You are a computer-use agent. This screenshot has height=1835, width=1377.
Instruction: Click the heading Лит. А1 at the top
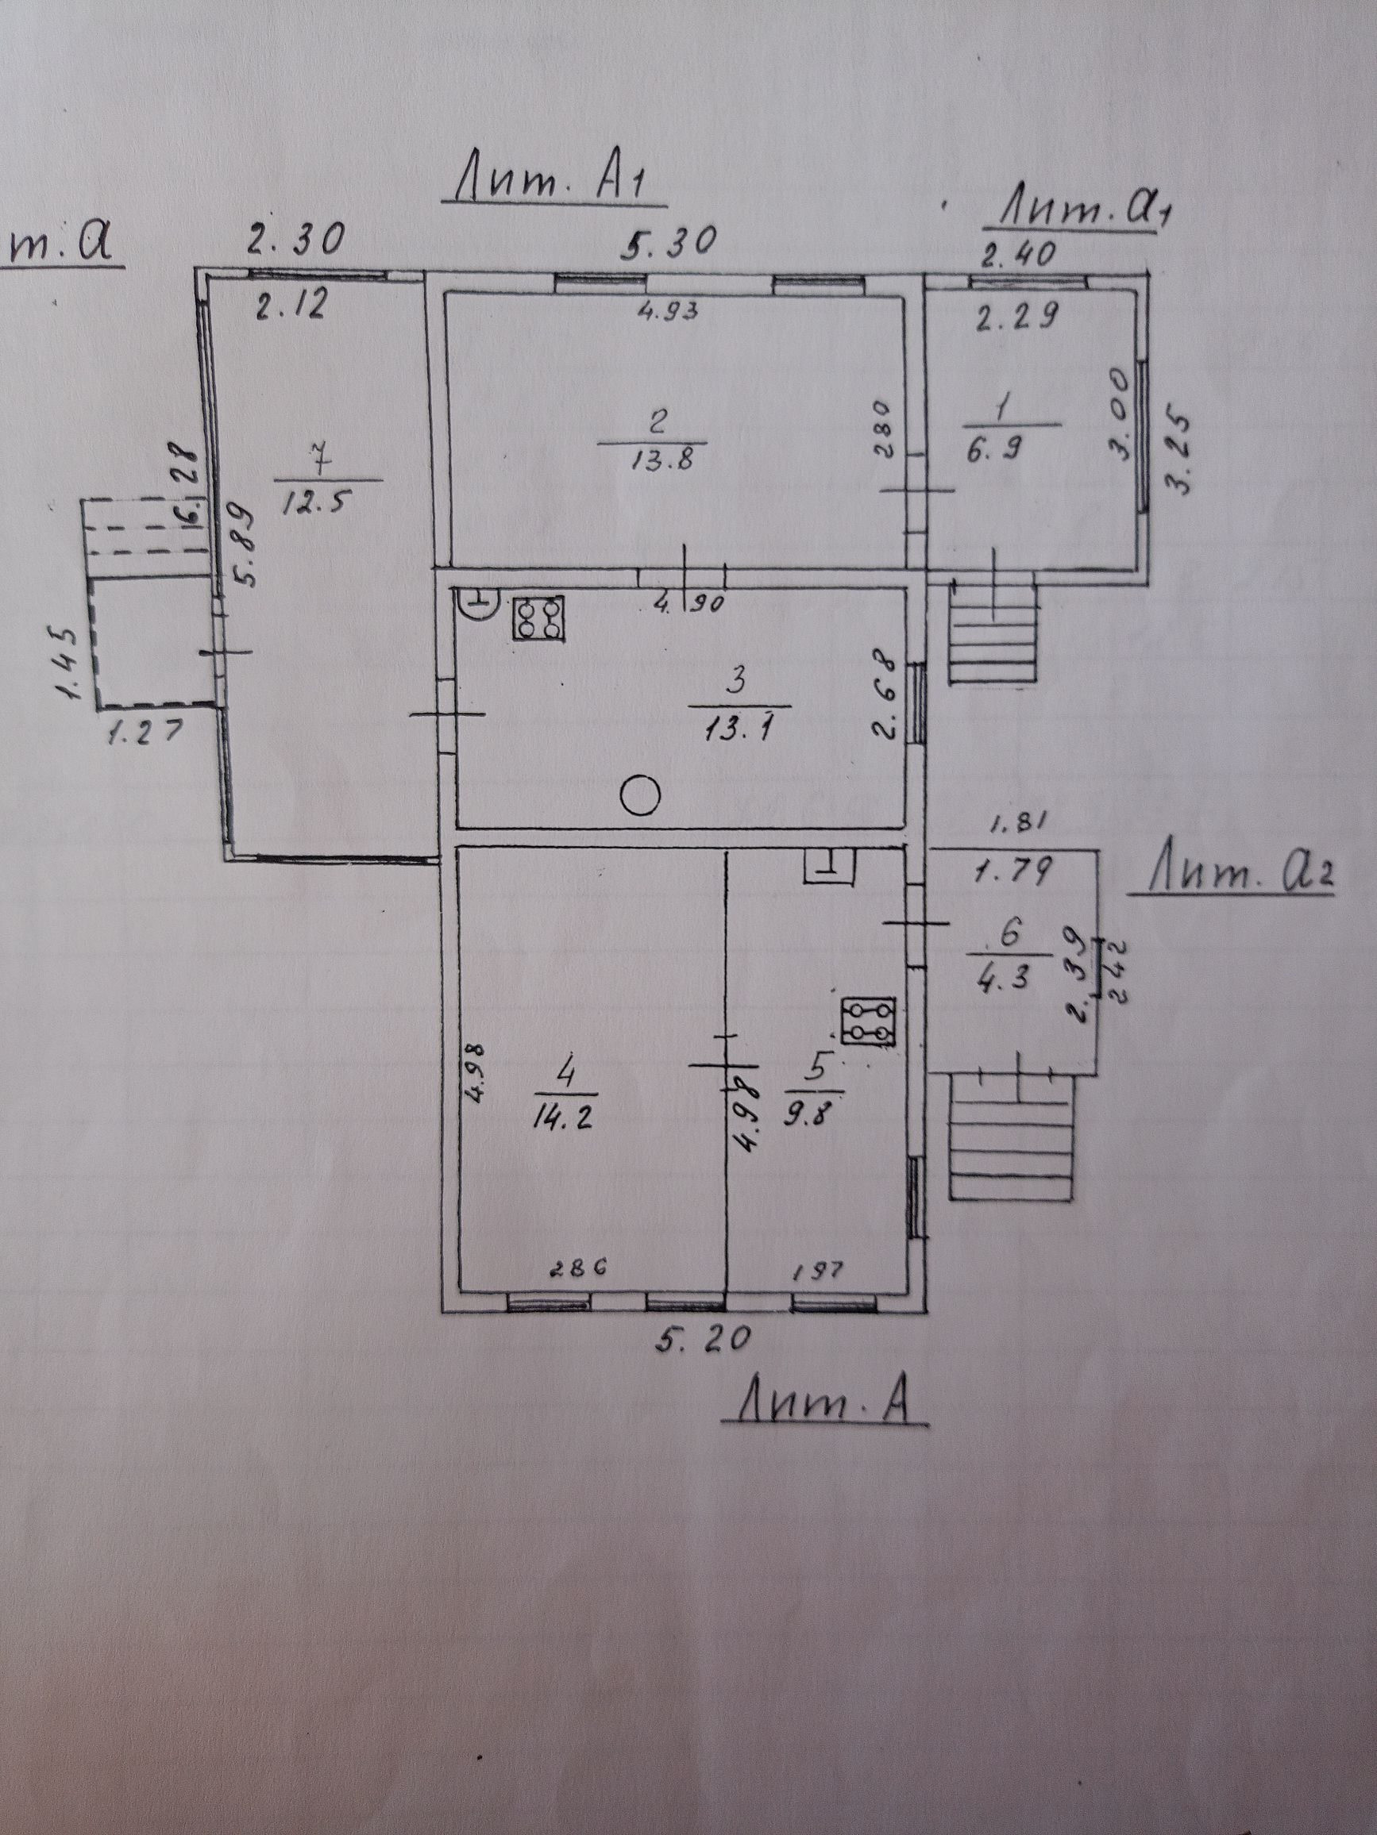click(x=553, y=183)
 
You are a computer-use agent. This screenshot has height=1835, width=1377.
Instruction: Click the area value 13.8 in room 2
click(x=654, y=461)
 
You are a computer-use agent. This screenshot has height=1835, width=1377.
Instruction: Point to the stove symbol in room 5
click(x=868, y=1020)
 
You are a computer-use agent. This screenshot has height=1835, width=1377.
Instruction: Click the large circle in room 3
click(x=640, y=796)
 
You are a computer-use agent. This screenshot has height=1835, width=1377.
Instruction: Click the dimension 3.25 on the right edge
click(x=1179, y=452)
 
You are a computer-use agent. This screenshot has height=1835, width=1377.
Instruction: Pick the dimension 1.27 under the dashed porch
click(x=146, y=733)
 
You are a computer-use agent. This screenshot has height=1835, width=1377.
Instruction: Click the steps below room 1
click(x=993, y=632)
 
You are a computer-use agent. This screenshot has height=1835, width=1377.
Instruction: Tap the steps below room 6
click(x=1013, y=1136)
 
